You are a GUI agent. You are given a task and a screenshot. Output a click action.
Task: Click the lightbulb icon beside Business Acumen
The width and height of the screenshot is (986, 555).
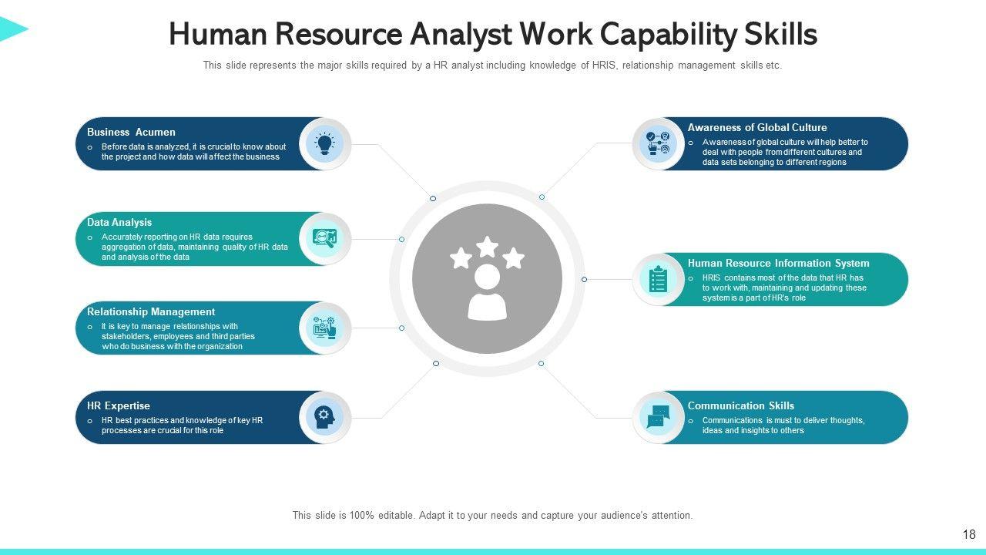coord(324,143)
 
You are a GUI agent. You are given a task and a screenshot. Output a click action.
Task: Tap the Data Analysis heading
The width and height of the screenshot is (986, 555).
coord(119,223)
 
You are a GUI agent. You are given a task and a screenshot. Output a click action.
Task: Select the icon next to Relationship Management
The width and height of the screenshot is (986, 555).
coord(324,328)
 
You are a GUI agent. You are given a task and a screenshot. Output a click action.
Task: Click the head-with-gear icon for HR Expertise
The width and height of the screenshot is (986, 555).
coord(324,417)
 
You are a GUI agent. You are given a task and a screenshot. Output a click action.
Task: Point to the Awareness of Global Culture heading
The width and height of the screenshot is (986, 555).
coord(757,128)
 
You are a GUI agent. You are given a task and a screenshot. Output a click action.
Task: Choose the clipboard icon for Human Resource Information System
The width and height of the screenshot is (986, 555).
coord(658,279)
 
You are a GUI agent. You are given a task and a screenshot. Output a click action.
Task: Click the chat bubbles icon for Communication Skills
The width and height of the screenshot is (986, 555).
coord(658,417)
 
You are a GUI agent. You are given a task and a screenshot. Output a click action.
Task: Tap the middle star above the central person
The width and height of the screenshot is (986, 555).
coord(487,247)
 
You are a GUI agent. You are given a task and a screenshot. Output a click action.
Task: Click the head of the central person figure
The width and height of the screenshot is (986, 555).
coord(487,276)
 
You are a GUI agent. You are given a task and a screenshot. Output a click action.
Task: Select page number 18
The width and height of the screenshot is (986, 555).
coord(969,534)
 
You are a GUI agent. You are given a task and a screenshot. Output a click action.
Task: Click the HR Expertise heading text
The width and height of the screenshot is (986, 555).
coord(119,406)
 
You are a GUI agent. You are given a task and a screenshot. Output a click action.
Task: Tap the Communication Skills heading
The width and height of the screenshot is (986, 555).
coord(741,406)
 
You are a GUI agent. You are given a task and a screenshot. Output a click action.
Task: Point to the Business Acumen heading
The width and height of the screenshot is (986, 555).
coord(131,133)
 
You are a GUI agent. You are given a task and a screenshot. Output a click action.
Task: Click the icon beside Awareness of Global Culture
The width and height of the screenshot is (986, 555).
coord(658,143)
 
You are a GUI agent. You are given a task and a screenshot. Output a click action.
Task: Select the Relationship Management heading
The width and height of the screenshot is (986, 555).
coord(151,312)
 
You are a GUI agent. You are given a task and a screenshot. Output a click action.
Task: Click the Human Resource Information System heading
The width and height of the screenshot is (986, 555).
coord(778,264)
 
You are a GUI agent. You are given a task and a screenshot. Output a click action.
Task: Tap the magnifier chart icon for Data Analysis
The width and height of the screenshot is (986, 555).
coord(324,239)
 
